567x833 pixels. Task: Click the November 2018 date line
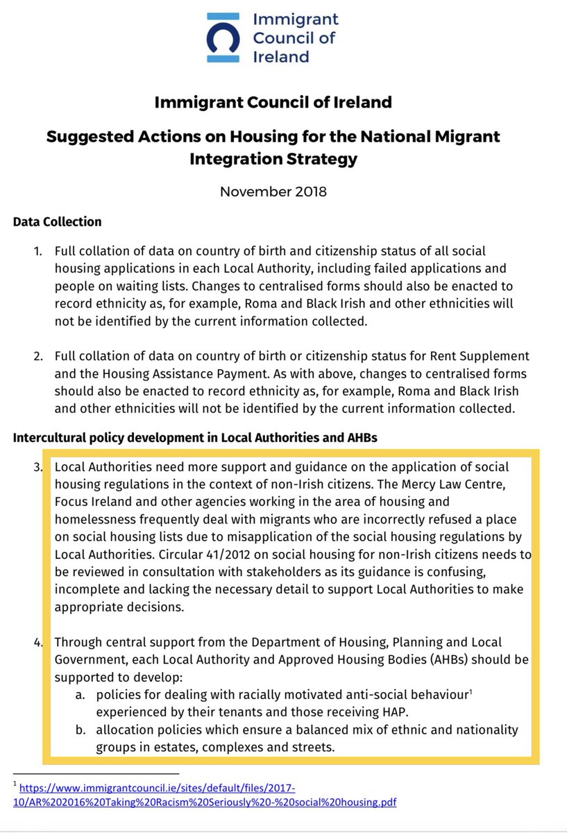(273, 191)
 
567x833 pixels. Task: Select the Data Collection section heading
(58, 222)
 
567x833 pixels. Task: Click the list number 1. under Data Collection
(40, 251)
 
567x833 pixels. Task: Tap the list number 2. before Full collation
(40, 356)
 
